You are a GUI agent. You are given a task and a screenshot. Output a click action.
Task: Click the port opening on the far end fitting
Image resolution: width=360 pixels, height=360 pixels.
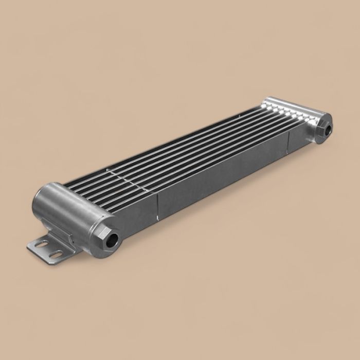point(328,129)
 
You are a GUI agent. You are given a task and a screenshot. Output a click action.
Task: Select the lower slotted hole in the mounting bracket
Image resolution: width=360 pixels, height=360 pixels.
point(55,254)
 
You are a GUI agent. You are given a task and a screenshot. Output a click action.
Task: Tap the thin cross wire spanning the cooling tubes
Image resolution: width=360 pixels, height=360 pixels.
point(123,174)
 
